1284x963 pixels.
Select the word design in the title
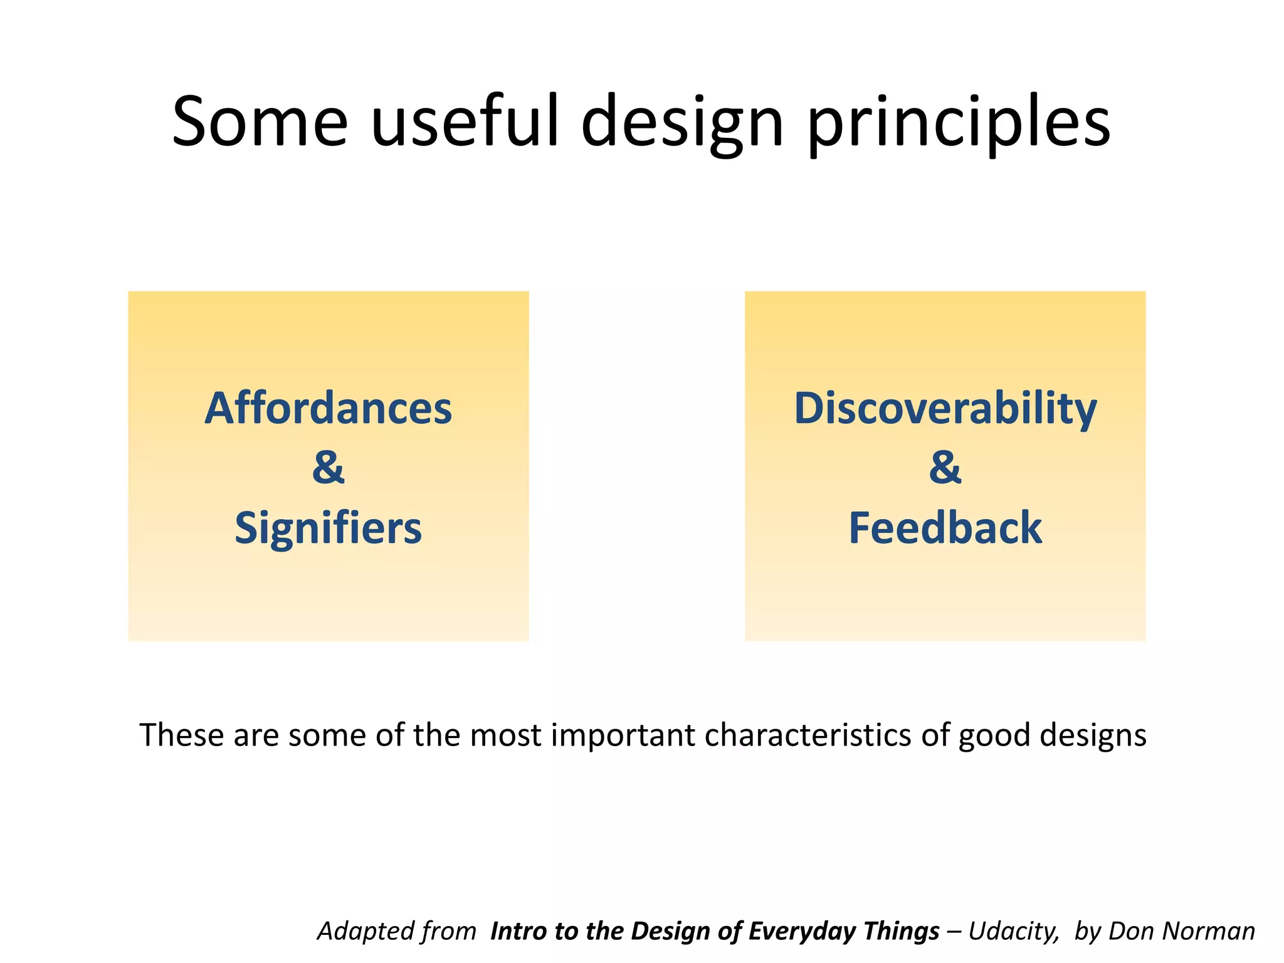pos(682,122)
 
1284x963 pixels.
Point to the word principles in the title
pos(959,122)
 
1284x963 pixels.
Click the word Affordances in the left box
pos(328,408)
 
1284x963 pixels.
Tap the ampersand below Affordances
pos(328,467)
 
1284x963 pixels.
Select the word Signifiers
pos(328,528)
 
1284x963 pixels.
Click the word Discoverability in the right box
pos(945,408)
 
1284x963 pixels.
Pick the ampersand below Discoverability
pos(945,467)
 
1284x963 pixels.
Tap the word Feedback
pos(945,528)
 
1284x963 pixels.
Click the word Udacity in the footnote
pos(1013,932)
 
